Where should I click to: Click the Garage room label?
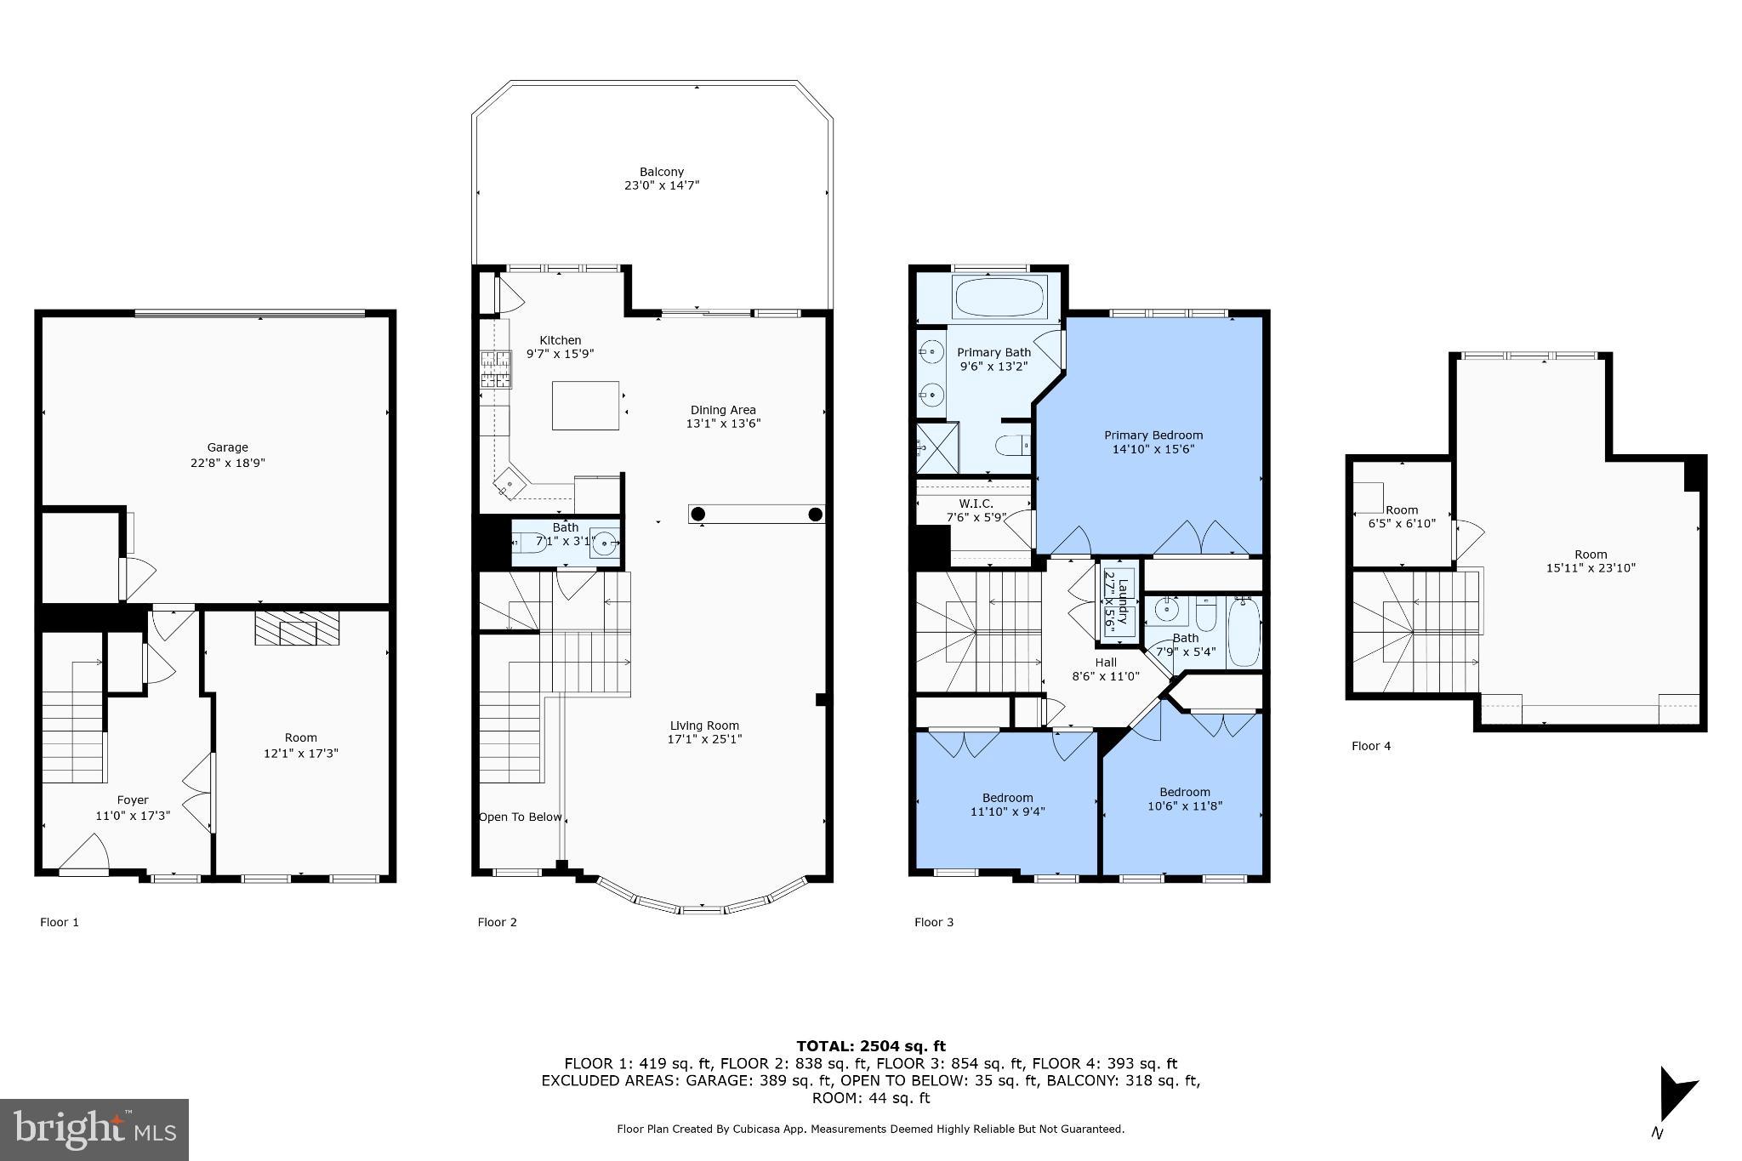pyautogui.click(x=227, y=447)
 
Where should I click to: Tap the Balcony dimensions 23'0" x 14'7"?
pyautogui.click(x=662, y=185)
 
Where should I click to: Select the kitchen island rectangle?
pyautogui.click(x=585, y=406)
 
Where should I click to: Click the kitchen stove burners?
pyautogui.click(x=497, y=369)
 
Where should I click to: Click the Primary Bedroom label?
pyautogui.click(x=1153, y=435)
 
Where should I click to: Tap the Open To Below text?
pyautogui.click(x=520, y=817)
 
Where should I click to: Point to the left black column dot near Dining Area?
pyautogui.click(x=698, y=514)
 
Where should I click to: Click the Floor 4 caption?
pyautogui.click(x=1371, y=746)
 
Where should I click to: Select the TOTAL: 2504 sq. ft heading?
pyautogui.click(x=870, y=1046)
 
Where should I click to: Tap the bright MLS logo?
pyautogui.click(x=94, y=1130)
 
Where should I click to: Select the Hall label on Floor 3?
pyautogui.click(x=1106, y=662)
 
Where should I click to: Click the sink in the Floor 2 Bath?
pyautogui.click(x=605, y=542)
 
